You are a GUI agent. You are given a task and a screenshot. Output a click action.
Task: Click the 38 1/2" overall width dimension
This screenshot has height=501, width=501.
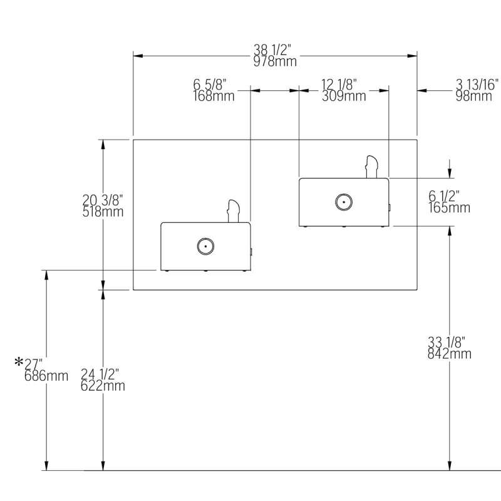275,49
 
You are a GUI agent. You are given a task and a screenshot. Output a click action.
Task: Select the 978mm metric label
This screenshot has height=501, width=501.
275,61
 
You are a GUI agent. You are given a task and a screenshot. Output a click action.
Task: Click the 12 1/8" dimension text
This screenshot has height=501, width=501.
339,85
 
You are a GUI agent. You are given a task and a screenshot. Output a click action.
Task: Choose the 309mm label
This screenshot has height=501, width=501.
344,96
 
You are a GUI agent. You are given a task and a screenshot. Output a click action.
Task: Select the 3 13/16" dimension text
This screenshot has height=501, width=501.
477,85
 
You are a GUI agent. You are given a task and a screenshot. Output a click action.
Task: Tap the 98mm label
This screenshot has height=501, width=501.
473,96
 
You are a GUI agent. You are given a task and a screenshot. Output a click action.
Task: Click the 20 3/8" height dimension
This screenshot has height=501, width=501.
103,200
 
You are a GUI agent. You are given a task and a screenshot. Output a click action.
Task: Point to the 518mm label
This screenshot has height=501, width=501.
103,212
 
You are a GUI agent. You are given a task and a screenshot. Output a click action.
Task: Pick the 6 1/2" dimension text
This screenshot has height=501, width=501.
444,196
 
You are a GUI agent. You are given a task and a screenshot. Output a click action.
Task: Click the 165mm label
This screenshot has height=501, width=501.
449,207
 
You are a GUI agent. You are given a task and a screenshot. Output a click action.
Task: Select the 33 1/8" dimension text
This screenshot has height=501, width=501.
446,343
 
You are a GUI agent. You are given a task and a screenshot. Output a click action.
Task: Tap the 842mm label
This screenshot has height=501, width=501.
450,354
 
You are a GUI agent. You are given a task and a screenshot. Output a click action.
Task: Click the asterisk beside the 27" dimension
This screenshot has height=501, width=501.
19,362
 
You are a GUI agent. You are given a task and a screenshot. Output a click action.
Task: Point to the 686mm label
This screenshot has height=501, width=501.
46,376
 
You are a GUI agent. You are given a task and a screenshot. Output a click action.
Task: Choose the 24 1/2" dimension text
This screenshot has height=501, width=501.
100,374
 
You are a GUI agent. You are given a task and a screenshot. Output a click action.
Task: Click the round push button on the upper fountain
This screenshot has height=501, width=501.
344,202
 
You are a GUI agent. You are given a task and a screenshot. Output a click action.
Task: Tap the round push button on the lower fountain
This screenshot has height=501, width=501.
205,246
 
